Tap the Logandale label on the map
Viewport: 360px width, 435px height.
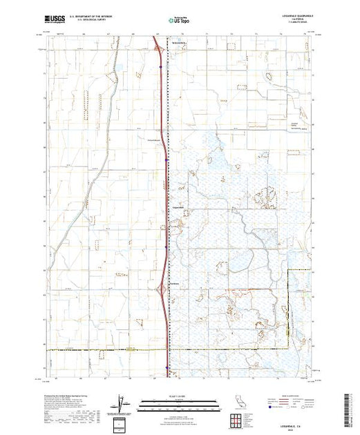[x=174, y=209]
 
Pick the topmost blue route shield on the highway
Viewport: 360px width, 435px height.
[x=160, y=67]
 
